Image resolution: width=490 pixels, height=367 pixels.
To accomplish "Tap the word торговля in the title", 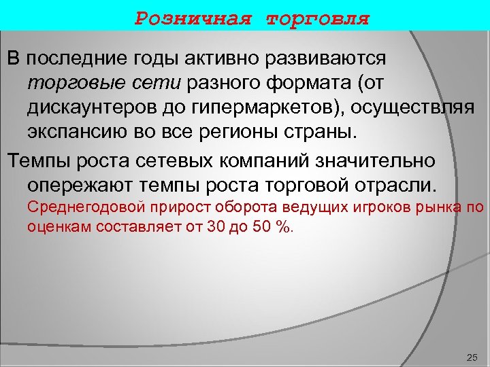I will (x=318, y=18).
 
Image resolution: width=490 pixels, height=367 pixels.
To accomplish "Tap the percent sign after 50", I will (x=281, y=227).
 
